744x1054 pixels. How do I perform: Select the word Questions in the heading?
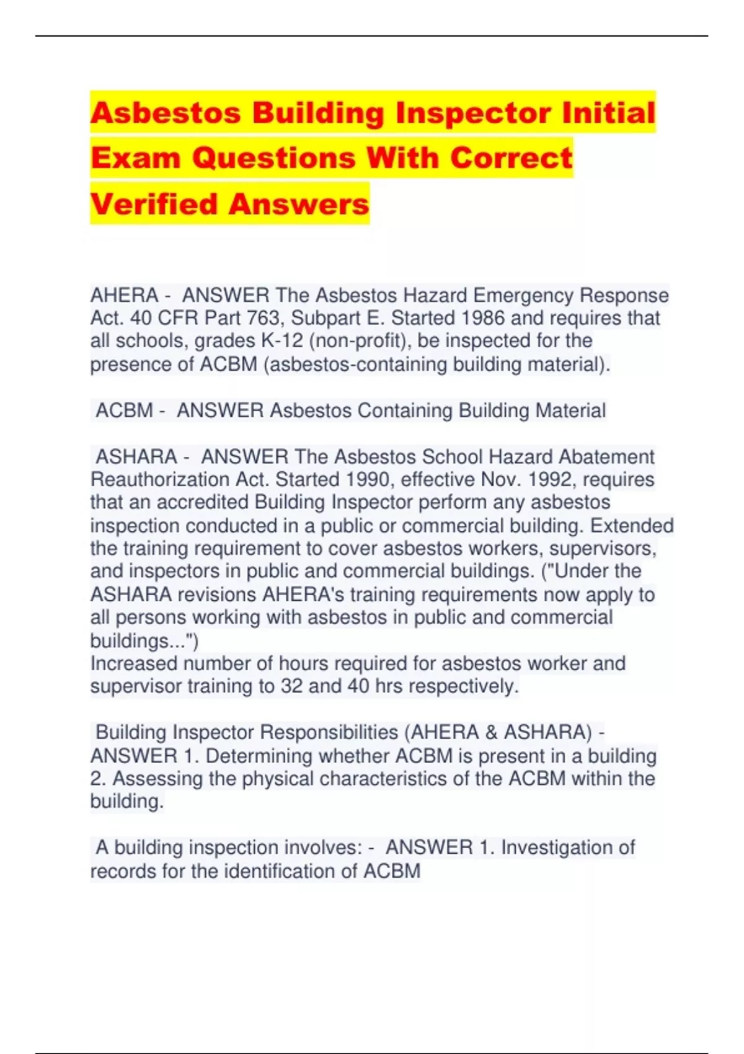point(273,158)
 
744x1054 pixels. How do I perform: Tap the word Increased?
point(133,663)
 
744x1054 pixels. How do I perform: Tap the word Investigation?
point(568,848)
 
